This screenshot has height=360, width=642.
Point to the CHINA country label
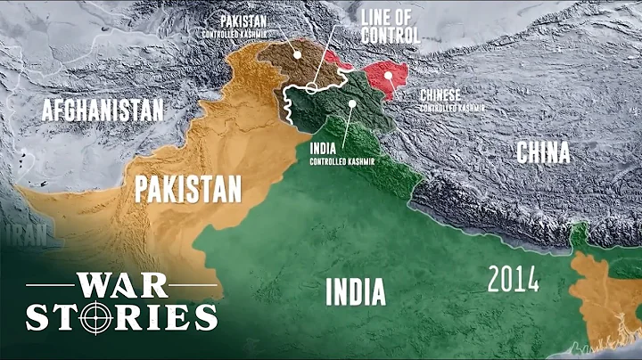click(x=543, y=152)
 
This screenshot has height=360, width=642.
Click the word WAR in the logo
click(x=121, y=285)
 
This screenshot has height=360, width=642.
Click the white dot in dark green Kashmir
click(x=352, y=102)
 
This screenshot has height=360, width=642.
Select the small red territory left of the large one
click(x=332, y=58)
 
